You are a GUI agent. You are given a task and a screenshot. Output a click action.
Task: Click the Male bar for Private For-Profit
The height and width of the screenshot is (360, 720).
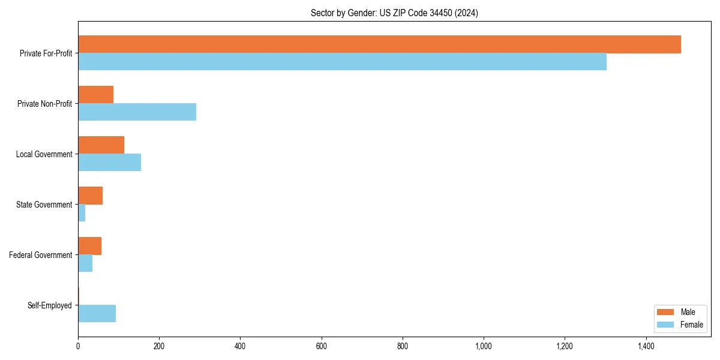379,44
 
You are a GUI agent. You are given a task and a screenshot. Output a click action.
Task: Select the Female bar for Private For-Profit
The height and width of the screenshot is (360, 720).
342,62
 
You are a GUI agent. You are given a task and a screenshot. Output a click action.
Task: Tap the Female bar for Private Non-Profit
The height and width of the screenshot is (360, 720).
137,112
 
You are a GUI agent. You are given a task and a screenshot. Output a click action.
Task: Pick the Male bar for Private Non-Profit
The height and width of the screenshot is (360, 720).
95,95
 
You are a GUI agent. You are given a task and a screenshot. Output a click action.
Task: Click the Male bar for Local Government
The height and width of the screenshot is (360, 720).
101,145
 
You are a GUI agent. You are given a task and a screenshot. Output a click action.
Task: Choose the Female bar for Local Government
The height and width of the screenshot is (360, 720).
109,163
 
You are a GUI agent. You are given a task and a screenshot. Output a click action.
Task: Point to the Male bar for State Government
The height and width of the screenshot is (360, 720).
90,196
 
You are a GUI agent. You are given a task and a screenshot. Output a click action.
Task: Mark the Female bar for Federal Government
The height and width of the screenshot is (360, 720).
85,263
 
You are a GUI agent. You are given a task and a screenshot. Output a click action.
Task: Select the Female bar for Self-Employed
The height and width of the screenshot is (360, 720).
97,314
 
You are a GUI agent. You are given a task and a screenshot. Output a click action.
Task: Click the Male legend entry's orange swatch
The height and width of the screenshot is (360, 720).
665,312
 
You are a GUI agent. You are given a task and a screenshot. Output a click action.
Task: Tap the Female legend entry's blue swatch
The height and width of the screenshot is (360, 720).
665,325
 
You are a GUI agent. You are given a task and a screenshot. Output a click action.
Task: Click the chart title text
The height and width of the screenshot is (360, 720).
394,13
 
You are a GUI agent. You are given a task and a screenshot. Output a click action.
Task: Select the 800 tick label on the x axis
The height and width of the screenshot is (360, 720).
402,346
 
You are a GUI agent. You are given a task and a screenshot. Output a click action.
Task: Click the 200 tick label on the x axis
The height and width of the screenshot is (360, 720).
159,346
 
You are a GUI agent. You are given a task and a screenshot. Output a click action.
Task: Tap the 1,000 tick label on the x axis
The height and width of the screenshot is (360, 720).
483,346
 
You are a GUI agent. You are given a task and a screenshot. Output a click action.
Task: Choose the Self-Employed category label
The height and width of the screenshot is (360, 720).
50,305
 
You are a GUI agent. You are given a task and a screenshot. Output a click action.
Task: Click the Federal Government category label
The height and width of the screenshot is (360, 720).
41,255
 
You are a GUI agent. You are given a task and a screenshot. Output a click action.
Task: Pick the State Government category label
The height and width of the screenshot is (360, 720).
44,205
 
